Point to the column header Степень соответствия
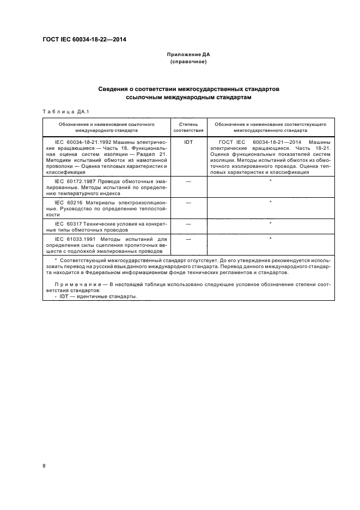pos(188,127)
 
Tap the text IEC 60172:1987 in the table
pos(74,179)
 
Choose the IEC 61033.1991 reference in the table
pos(74,239)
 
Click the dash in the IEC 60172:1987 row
pos(188,180)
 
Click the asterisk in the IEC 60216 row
pos(271,202)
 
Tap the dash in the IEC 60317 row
pos(188,223)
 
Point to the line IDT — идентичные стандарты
pos(98,297)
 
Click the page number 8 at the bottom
pos(44,466)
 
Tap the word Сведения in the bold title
pos(114,88)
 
